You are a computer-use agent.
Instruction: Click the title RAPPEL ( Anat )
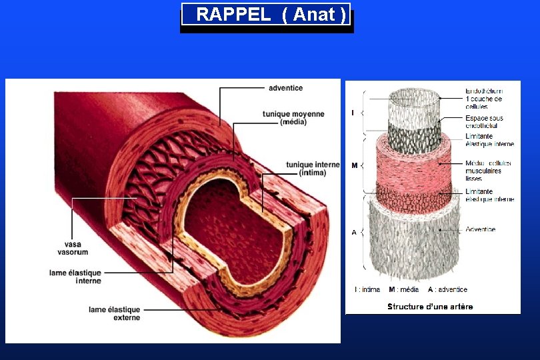266,15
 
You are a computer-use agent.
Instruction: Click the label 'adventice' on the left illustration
285,88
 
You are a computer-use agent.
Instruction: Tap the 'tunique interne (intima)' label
313,169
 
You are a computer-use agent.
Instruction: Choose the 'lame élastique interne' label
75,277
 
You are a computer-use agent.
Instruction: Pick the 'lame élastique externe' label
115,313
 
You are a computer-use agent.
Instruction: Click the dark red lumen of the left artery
223,220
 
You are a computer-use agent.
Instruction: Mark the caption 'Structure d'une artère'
430,307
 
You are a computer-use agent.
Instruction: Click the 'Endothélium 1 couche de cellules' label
483,99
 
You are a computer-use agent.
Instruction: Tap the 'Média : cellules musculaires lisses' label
488,171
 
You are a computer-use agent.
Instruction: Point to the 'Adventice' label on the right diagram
480,229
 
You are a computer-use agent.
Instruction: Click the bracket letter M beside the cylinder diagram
354,165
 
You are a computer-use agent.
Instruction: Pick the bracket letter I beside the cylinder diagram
353,113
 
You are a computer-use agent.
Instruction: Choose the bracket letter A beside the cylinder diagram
354,232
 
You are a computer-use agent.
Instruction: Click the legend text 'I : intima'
367,289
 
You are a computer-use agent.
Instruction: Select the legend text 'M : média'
404,289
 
